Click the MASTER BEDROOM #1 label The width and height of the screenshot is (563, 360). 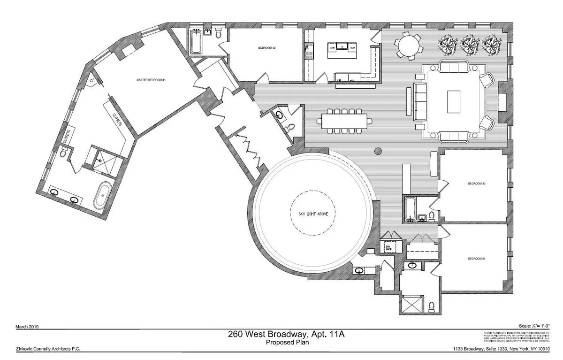click(x=151, y=80)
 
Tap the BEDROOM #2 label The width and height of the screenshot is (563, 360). click(x=266, y=48)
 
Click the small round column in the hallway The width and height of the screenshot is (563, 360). click(x=378, y=151)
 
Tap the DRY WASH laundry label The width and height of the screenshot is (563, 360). click(x=388, y=248)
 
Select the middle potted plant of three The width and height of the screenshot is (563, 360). click(x=470, y=45)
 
